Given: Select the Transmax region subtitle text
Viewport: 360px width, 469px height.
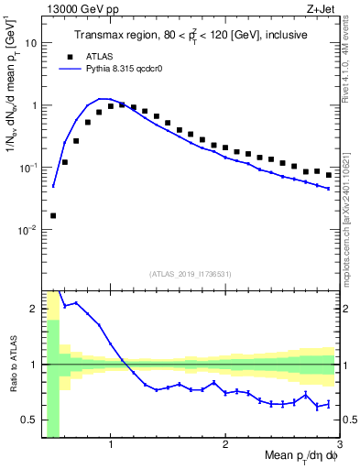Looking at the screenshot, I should tap(190, 35).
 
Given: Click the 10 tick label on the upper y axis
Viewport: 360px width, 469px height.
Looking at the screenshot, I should tap(31, 43).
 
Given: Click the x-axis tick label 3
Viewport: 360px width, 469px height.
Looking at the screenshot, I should tap(338, 446).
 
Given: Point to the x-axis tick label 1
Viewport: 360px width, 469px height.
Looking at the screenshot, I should tap(110, 446).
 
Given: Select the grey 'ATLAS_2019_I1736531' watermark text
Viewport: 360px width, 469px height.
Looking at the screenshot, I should tap(191, 274).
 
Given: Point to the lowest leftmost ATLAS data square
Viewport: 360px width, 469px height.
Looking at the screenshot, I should tap(53, 216).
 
